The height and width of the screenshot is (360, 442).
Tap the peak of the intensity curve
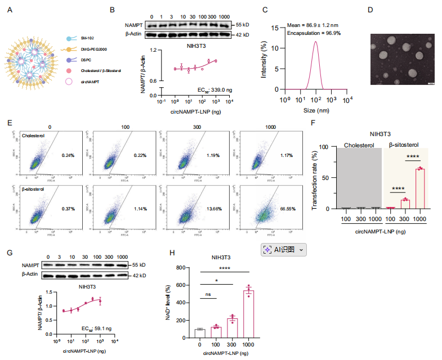coord(315,41)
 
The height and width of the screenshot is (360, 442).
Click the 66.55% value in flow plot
coord(288,208)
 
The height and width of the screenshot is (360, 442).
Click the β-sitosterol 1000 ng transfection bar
coord(419,188)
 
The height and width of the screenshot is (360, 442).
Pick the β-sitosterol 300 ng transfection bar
coord(404,204)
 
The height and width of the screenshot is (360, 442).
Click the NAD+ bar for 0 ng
coord(198,331)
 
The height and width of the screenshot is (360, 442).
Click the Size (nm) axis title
coord(315,110)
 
